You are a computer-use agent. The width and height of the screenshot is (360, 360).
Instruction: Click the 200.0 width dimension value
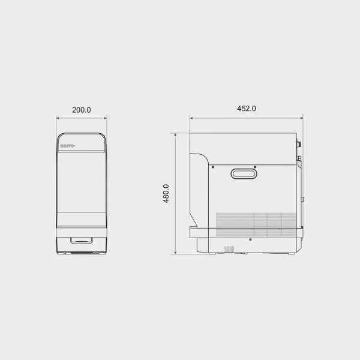point(82,110)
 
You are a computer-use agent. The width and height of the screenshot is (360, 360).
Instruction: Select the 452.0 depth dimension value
point(247,109)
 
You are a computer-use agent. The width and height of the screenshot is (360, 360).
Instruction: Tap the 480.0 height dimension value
point(166,194)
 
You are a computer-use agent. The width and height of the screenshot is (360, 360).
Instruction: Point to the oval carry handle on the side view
point(244,173)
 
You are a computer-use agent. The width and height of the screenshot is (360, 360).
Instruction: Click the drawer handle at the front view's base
point(82,241)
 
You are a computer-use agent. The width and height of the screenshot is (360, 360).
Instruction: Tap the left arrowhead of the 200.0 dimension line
point(58,118)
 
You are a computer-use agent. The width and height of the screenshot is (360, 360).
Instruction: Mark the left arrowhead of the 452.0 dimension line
point(192,118)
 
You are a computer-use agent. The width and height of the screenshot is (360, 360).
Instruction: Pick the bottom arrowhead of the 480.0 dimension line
point(175,253)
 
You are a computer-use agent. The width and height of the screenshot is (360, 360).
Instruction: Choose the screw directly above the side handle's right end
point(255,167)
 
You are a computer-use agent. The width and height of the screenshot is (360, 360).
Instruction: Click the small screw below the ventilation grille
point(250,239)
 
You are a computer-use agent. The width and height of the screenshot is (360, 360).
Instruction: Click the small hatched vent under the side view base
point(229,248)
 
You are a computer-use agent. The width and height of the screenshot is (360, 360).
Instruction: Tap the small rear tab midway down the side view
point(303,199)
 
